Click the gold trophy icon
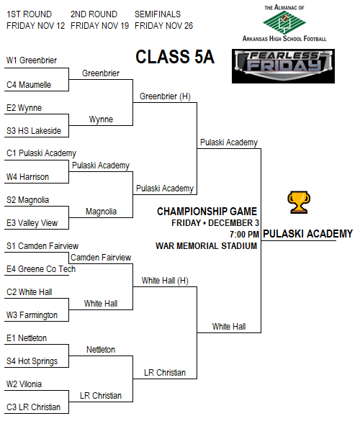pyautogui.click(x=299, y=202)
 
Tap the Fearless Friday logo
pyautogui.click(x=283, y=66)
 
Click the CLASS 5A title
pyautogui.click(x=175, y=57)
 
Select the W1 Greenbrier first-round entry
pyautogui.click(x=32, y=60)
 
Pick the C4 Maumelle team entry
pyautogui.click(x=29, y=85)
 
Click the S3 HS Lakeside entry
pyautogui.click(x=34, y=131)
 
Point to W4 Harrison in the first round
pyautogui.click(x=27, y=177)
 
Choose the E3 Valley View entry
pyautogui.click(x=32, y=223)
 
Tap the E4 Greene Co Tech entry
pyautogui.click(x=41, y=269)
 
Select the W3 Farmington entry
pyautogui.click(x=32, y=315)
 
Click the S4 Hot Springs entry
pyautogui.click(x=32, y=361)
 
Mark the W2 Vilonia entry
pyautogui.click(x=24, y=384)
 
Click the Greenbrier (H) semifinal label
pyautogui.click(x=165, y=96)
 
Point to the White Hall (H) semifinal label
pyautogui.click(x=165, y=281)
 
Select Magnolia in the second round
pyautogui.click(x=101, y=212)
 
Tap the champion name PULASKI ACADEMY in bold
pyautogui.click(x=307, y=234)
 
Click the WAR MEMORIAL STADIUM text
pyautogui.click(x=207, y=246)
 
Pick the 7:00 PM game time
pyautogui.click(x=244, y=235)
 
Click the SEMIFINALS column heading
pyautogui.click(x=158, y=14)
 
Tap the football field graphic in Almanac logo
pyautogui.click(x=284, y=23)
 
